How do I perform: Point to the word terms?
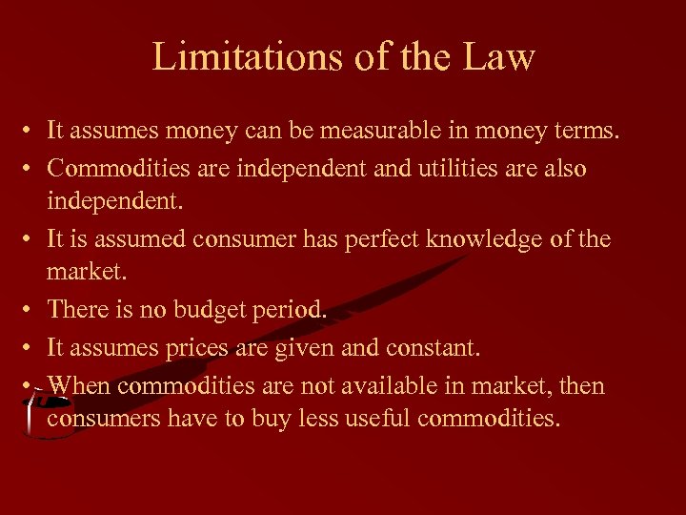(x=587, y=132)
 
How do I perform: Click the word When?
(x=79, y=384)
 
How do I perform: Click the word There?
(x=78, y=310)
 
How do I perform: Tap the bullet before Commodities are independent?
(x=32, y=170)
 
